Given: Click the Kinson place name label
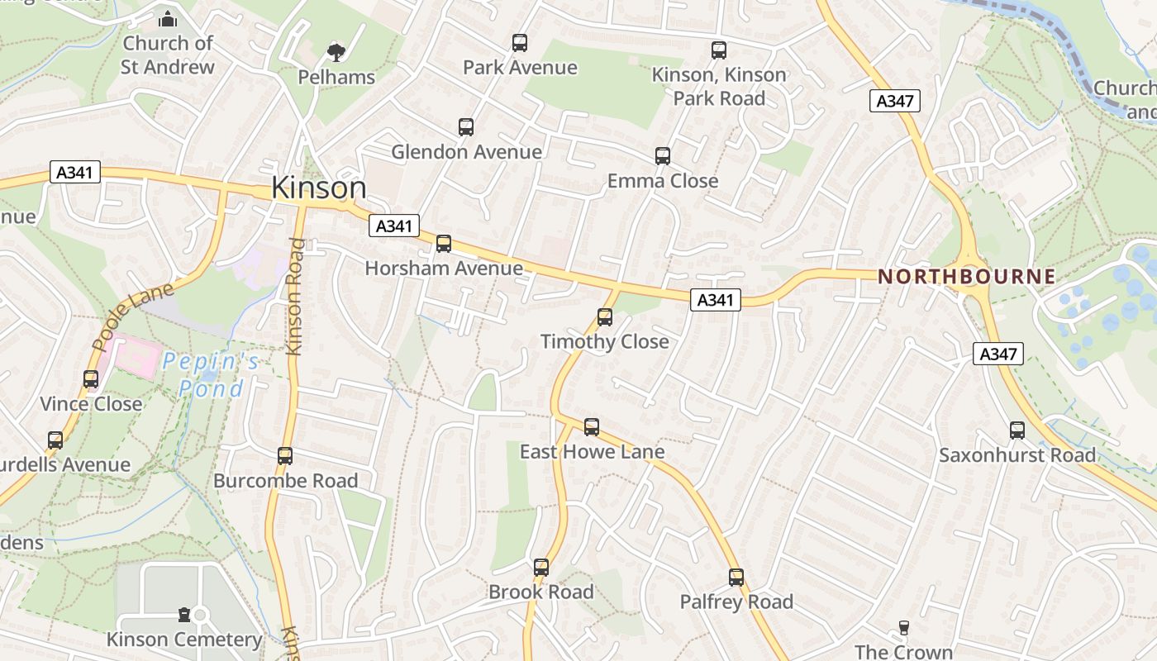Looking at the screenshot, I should pyautogui.click(x=319, y=188).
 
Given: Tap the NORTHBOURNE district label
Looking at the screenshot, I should pyautogui.click(x=966, y=277).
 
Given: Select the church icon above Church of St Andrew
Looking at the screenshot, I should pyautogui.click(x=168, y=18).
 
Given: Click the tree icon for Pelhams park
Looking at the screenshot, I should pyautogui.click(x=336, y=53).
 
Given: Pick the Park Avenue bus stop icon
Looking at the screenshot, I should pyautogui.click(x=520, y=43).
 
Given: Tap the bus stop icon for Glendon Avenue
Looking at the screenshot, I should pyautogui.click(x=466, y=127).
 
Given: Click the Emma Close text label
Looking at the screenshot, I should pyautogui.click(x=663, y=181).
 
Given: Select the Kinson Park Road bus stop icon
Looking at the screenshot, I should pyautogui.click(x=719, y=50).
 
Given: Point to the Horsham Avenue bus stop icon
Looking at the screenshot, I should pyautogui.click(x=444, y=244).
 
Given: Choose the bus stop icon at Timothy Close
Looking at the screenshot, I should pyautogui.click(x=605, y=317).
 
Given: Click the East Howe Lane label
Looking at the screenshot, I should pyautogui.click(x=592, y=452).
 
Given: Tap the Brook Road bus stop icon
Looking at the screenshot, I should pyautogui.click(x=541, y=568).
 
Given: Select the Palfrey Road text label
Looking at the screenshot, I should pyautogui.click(x=736, y=602).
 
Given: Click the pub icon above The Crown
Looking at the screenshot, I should pyautogui.click(x=903, y=628).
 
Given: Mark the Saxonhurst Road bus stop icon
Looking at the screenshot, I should pyautogui.click(x=1017, y=430).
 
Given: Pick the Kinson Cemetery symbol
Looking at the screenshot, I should pyautogui.click(x=184, y=615).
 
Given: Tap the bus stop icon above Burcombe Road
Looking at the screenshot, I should pyautogui.click(x=285, y=455).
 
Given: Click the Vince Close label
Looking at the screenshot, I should pyautogui.click(x=92, y=404).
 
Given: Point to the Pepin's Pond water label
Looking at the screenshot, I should pyautogui.click(x=211, y=374).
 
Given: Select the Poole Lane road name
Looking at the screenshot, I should pyautogui.click(x=134, y=316).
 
